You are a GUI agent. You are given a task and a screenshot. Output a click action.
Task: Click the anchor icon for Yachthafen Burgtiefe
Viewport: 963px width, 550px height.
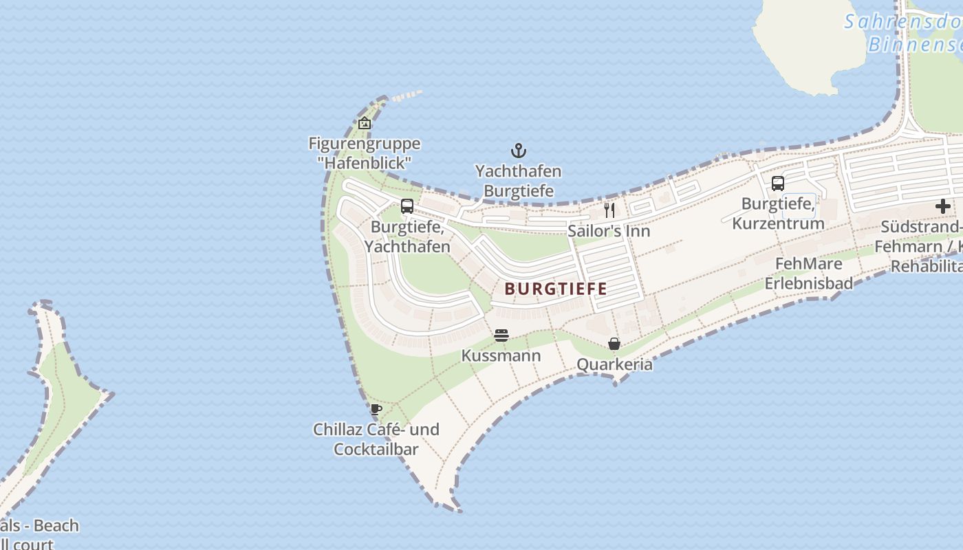518,151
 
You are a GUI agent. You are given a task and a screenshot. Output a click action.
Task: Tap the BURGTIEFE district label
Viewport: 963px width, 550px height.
556,289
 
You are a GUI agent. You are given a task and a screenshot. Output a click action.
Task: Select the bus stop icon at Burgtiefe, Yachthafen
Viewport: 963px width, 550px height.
407,206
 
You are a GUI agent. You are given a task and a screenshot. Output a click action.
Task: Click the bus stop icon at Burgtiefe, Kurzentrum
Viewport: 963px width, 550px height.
778,184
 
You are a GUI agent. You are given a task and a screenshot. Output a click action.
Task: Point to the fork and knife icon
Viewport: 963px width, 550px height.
609,210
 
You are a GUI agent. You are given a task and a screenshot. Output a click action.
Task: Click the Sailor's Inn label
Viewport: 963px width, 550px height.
609,231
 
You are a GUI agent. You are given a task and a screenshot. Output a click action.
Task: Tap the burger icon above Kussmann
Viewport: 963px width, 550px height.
501,335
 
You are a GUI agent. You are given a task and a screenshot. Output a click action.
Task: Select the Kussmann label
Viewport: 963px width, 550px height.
501,356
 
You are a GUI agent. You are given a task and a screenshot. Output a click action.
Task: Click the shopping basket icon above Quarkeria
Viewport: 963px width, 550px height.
614,344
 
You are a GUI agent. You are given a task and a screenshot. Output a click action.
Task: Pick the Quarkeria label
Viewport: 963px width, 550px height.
614,364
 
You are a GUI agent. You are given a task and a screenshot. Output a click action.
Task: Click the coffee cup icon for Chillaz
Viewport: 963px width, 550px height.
376,409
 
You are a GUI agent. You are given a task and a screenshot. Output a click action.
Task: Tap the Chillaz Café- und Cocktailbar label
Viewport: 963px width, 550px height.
376,439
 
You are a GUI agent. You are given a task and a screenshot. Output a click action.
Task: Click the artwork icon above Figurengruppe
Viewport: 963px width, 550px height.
365,124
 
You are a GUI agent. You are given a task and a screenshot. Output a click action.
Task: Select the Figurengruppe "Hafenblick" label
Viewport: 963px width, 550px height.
365,153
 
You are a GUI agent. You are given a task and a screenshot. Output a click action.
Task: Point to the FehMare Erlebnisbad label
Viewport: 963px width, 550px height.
809,274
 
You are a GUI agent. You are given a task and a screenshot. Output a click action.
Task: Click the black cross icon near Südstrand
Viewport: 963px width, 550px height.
942,206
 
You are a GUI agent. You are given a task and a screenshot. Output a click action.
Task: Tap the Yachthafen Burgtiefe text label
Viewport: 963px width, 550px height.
518,181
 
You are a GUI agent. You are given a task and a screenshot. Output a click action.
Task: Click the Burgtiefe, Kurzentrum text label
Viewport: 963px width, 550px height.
778,214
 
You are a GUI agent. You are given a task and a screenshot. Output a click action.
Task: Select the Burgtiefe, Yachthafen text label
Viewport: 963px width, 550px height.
407,236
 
